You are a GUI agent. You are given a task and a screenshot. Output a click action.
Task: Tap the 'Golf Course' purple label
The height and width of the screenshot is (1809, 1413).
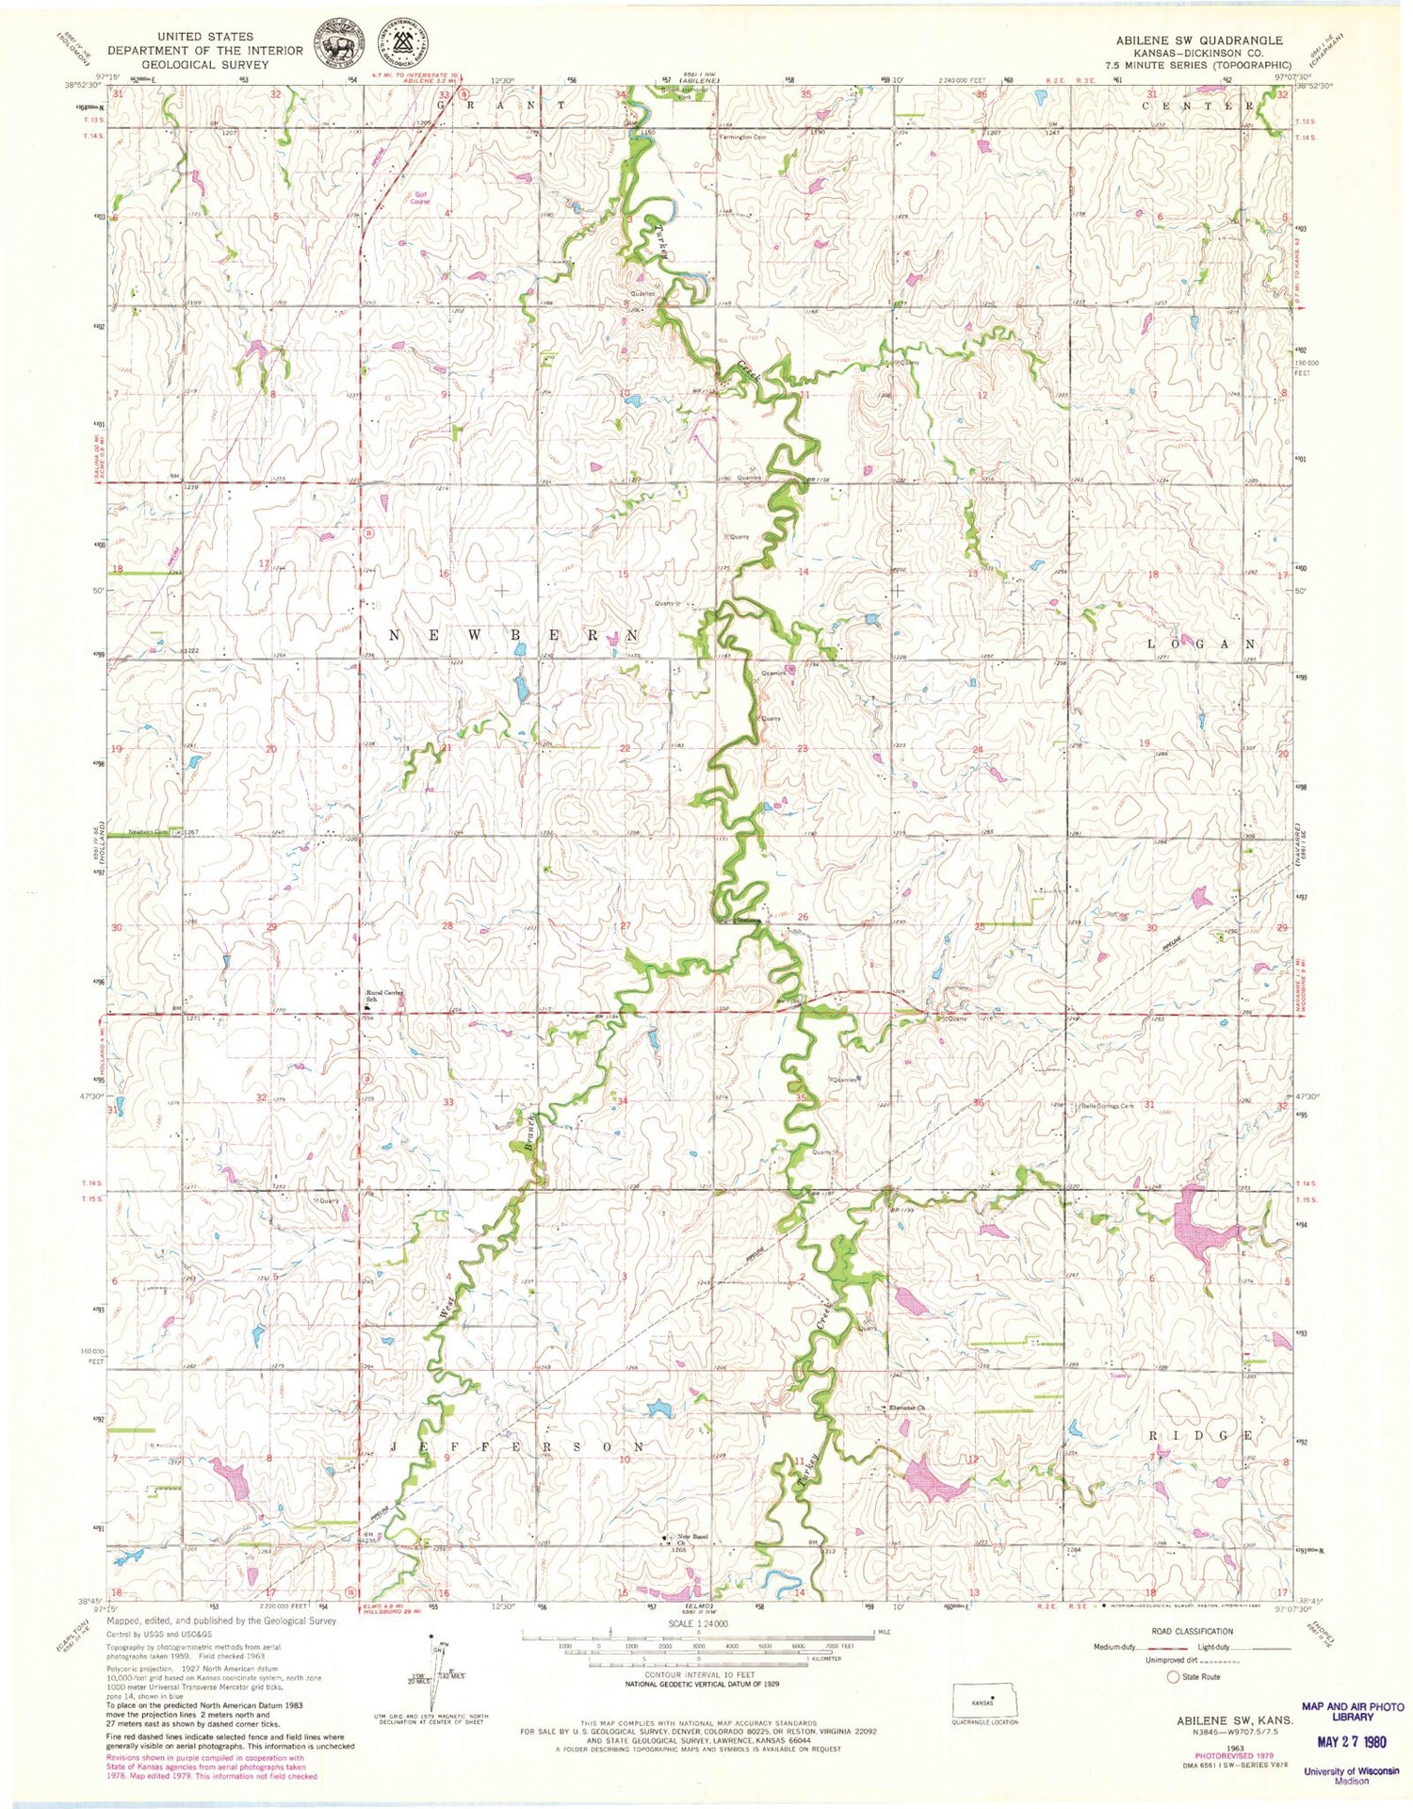419,198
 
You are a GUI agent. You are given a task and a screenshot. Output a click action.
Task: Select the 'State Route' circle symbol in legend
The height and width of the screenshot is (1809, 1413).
1174,1677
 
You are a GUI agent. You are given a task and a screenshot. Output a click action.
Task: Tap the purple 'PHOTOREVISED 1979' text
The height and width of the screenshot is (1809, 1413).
1199,1755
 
